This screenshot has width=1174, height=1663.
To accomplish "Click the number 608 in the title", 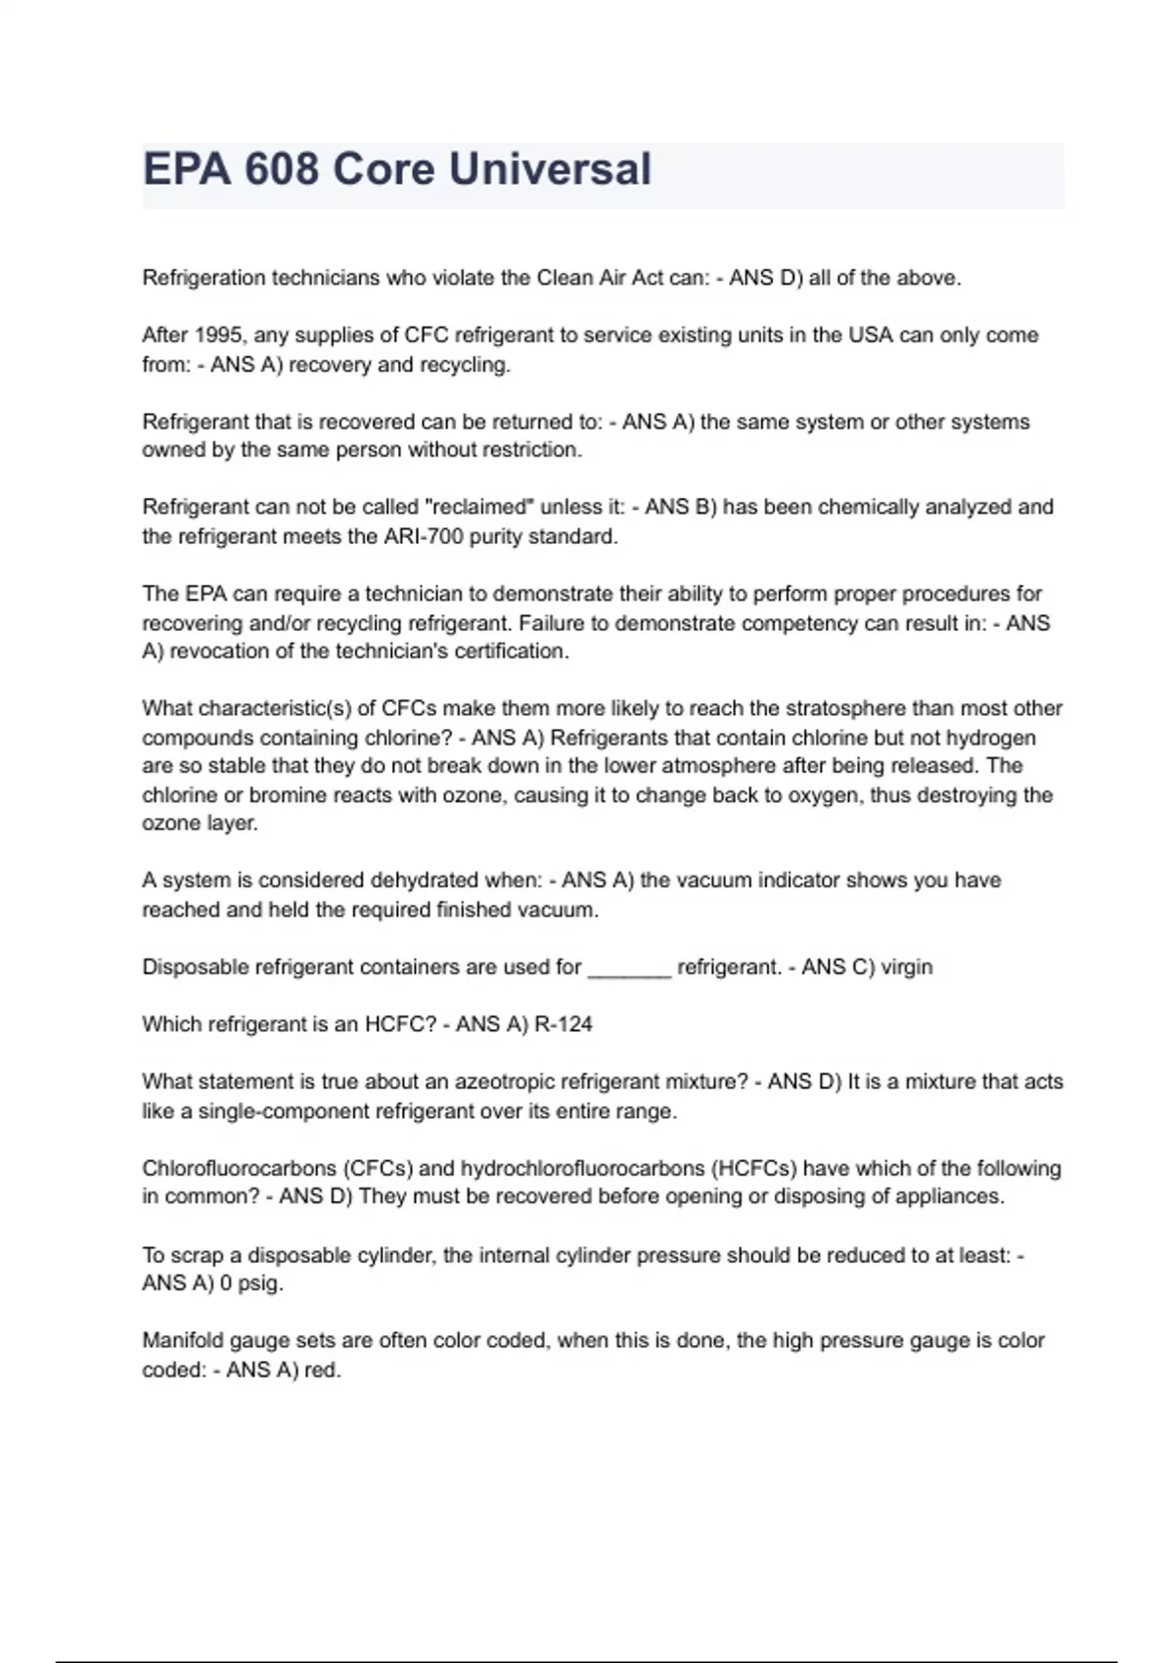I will (x=282, y=169).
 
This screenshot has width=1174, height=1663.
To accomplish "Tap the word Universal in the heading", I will (x=550, y=169).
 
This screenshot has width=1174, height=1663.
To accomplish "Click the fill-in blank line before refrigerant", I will (x=629, y=968).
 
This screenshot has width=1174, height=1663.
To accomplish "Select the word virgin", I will (x=907, y=967).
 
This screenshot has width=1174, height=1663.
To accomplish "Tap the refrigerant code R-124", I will (x=564, y=1025).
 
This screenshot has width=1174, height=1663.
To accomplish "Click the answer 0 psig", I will (x=251, y=1283).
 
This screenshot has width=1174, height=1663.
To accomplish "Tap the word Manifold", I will (x=183, y=1341).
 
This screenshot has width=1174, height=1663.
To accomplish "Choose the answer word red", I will (x=321, y=1371).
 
